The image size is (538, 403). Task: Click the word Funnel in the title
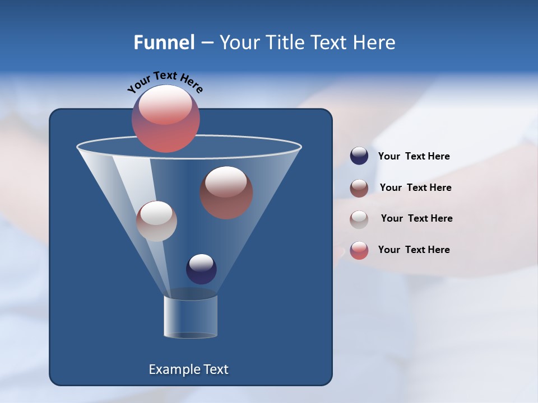coord(164,43)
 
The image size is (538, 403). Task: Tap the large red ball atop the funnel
coord(166,119)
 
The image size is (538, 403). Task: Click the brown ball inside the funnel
coord(226,193)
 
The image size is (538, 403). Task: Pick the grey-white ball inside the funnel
coord(156,221)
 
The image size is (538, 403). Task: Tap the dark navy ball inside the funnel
coord(201,269)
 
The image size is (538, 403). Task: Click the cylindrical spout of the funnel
coord(191,316)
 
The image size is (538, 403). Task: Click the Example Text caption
coord(188,369)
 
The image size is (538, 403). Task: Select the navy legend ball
coord(359,156)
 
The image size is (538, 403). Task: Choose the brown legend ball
coord(359,188)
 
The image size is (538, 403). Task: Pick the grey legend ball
coord(359,219)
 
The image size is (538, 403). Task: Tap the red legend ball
coord(359,250)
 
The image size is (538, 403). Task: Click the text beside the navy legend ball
coord(414,157)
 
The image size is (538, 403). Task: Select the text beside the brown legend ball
coord(415,188)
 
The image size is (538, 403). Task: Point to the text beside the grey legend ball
coord(416,219)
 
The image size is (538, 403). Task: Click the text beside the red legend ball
coord(414,250)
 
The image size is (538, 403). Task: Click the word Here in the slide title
coord(375,43)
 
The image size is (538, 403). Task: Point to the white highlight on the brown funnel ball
coord(226,182)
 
